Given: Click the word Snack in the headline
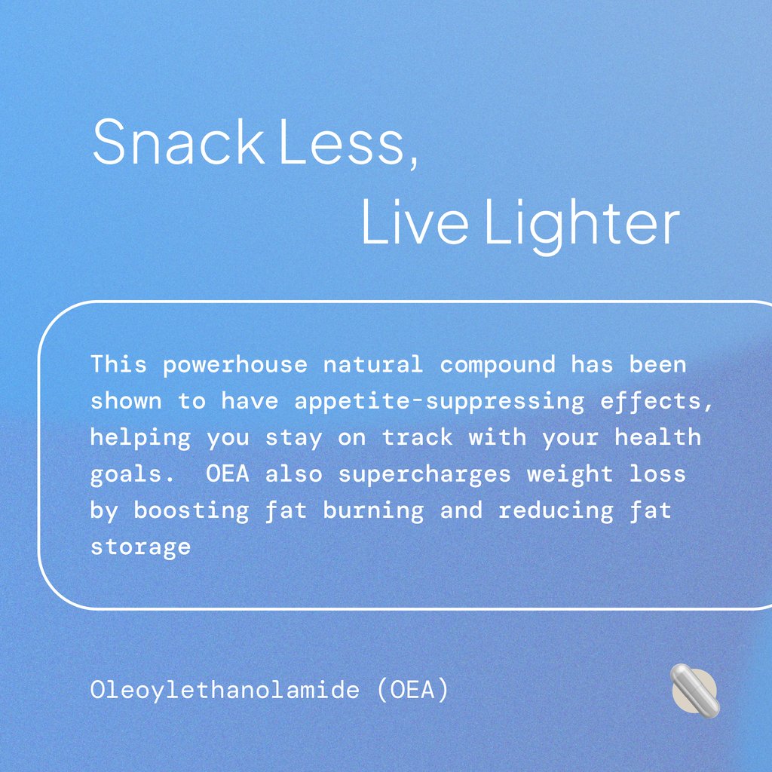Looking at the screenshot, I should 177,143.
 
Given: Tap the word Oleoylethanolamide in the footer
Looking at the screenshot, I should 224,690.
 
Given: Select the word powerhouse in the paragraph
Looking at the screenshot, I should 235,366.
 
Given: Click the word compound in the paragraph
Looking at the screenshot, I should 497,366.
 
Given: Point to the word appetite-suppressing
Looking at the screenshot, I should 439,402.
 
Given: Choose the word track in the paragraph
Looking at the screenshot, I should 418,438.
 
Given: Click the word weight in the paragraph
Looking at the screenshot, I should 570,474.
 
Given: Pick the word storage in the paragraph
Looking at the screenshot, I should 141,547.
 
